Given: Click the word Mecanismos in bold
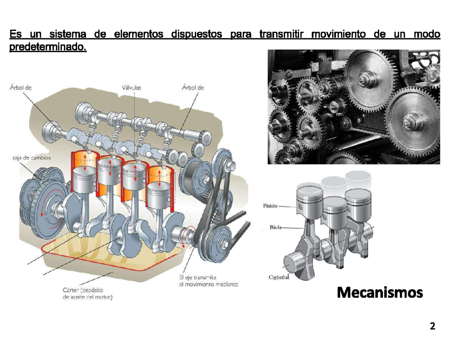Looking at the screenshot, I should tap(379, 292).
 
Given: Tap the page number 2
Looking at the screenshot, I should tap(432, 326).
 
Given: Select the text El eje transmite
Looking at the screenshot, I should tap(198, 277).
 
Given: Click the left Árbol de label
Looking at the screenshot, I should tap(20, 88).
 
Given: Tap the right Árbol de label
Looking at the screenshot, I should tap(193, 88).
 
